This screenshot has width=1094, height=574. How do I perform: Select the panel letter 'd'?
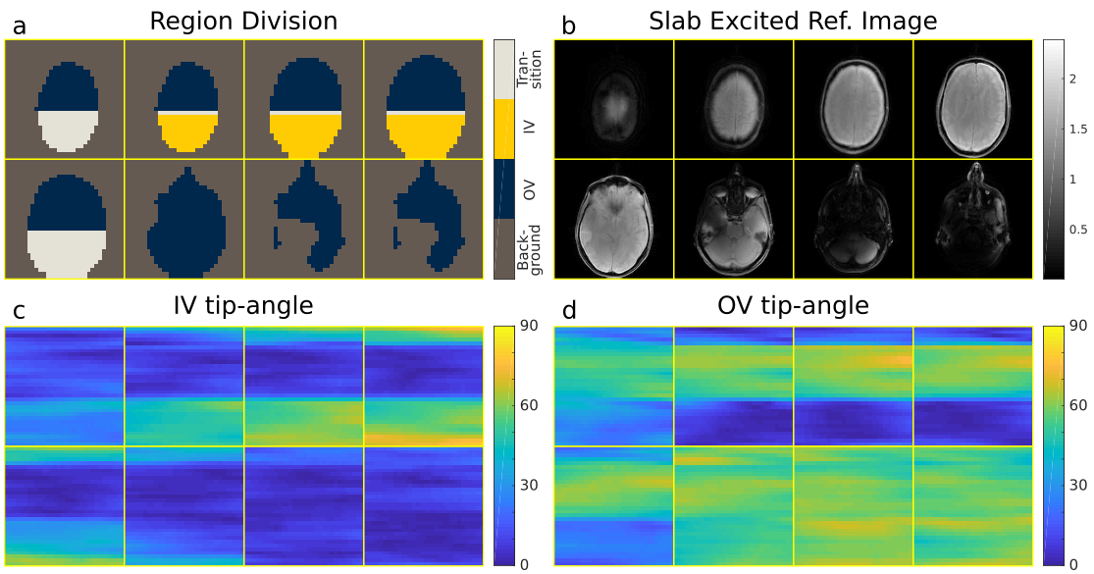[566, 309]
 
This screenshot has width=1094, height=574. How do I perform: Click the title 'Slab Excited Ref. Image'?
[793, 20]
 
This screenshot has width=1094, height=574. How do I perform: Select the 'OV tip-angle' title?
[793, 305]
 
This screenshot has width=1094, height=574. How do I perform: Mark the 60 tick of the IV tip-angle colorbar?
[527, 405]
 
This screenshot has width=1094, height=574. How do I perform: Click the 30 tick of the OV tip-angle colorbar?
[1076, 486]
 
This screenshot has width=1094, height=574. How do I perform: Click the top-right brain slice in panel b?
[972, 99]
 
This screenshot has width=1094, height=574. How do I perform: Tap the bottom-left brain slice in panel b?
[614, 218]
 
